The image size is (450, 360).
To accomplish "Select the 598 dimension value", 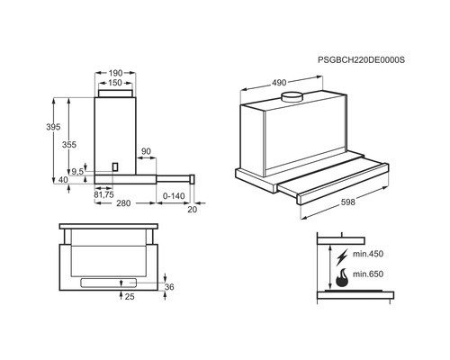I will pos(346,202).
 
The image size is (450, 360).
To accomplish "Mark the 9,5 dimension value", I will pos(78,171).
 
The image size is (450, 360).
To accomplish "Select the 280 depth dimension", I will pos(125,203).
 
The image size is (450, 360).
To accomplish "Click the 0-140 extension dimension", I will pos(175,194).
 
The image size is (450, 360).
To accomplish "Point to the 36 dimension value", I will pos(170,287).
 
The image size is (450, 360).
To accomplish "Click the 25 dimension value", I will pos(130,295).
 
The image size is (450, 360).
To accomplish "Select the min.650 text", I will pos(368,274).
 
